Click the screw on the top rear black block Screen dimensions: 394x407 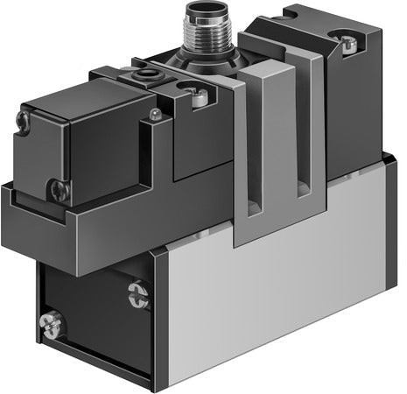[347, 41]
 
